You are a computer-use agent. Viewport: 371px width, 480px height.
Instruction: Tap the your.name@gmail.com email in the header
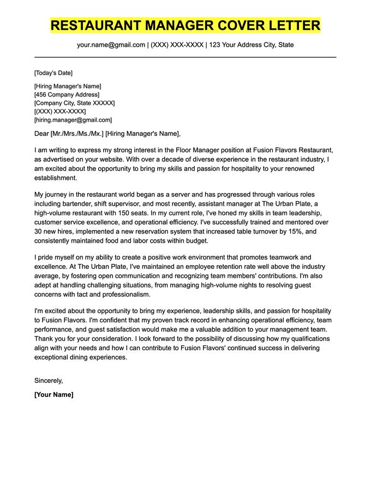tap(111, 45)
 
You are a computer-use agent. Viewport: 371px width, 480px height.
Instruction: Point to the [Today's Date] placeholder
tap(53, 73)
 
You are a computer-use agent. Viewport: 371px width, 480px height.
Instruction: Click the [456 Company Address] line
tap(63, 94)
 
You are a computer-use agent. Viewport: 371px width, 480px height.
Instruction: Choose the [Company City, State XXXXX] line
tap(74, 103)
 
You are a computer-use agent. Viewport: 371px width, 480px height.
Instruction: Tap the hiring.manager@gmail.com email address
tap(73, 119)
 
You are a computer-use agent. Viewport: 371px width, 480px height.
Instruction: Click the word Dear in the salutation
tap(41, 134)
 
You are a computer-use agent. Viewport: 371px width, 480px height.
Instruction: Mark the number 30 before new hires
tap(39, 232)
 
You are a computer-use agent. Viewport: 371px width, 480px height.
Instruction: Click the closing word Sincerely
tap(49, 380)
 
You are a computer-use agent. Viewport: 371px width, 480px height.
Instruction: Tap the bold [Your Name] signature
tap(53, 394)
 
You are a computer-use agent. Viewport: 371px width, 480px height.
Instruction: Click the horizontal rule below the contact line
tap(185, 57)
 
